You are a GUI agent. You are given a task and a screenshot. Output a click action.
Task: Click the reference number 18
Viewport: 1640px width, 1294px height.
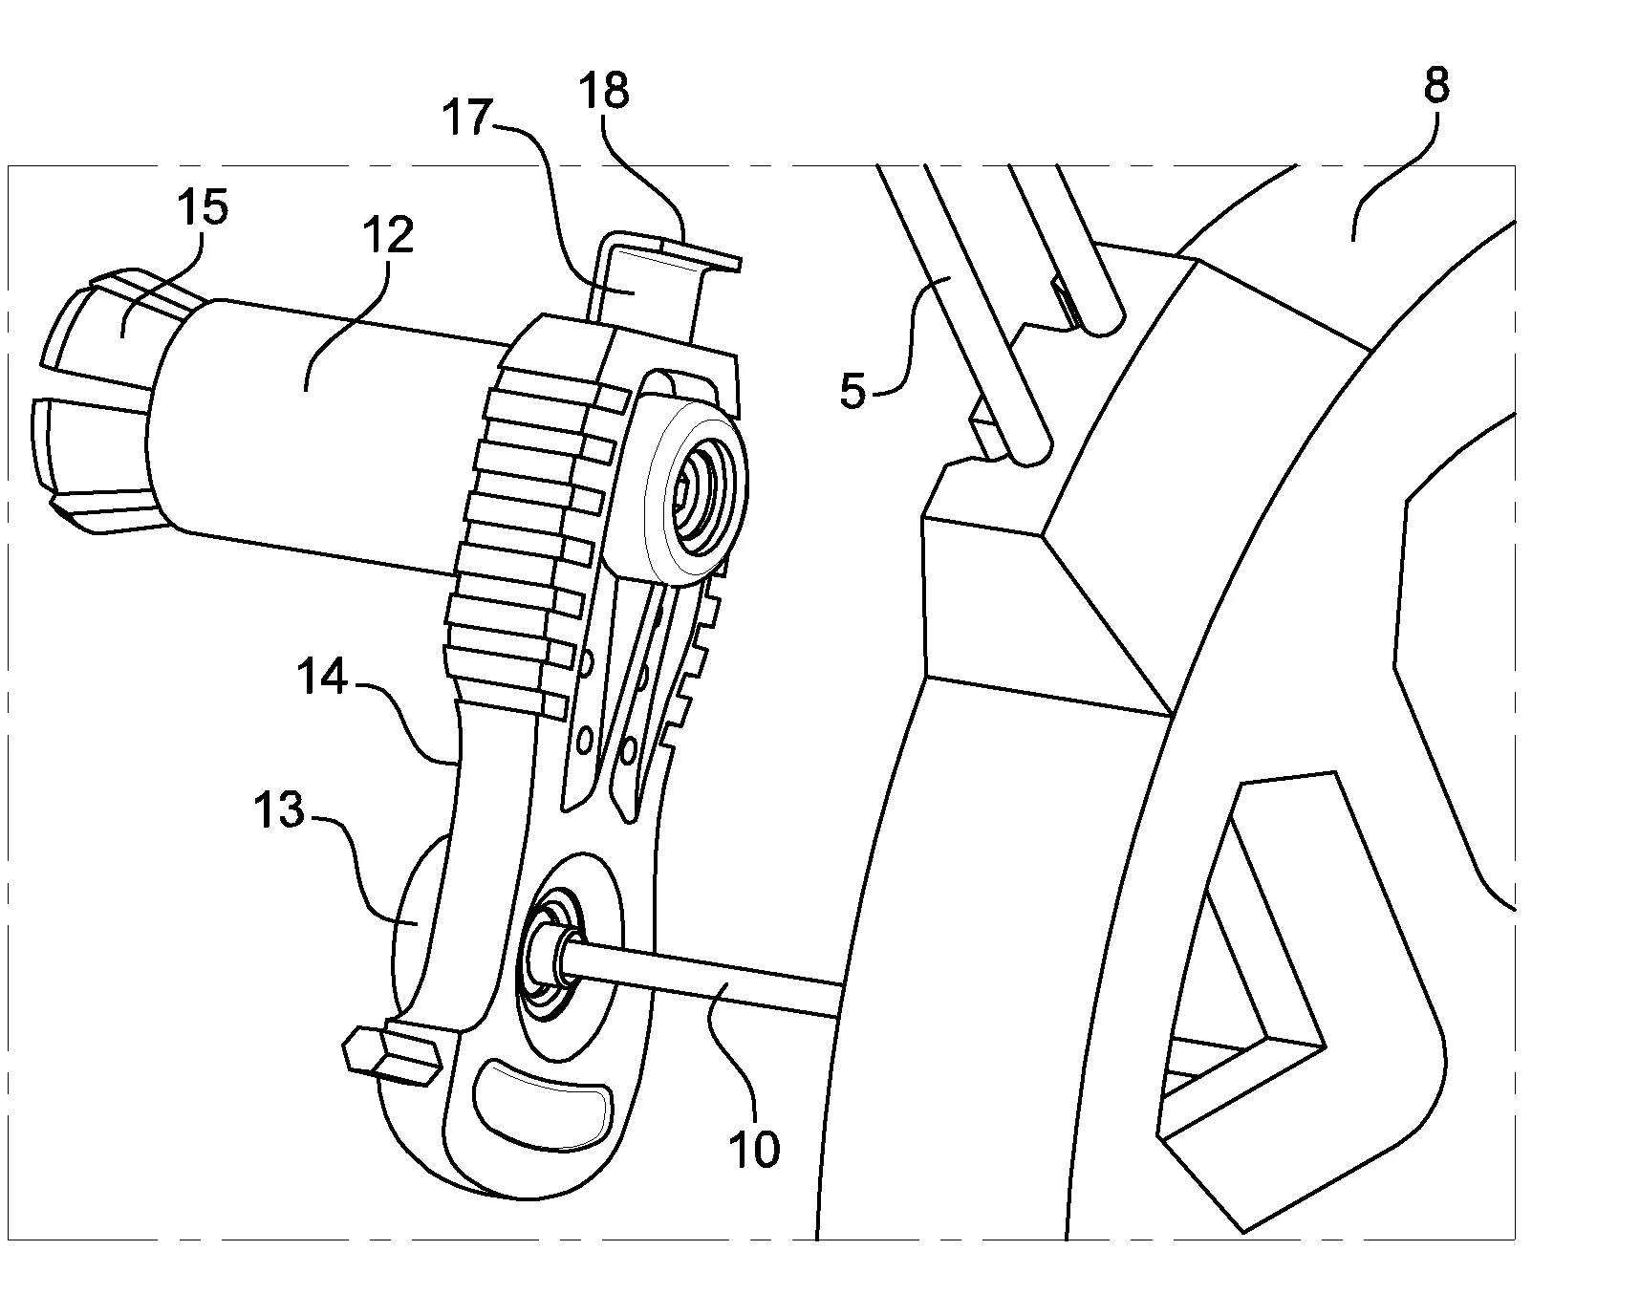605,92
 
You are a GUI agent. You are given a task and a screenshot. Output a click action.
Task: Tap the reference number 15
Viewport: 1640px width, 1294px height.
202,207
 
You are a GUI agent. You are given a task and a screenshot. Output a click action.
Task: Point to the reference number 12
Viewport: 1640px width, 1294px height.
387,235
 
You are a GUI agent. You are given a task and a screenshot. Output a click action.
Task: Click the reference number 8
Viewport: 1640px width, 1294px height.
1435,87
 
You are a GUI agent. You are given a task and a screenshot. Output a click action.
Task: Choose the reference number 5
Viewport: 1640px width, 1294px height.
852,392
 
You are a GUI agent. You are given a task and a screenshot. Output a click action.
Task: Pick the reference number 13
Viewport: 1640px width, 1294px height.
278,811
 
